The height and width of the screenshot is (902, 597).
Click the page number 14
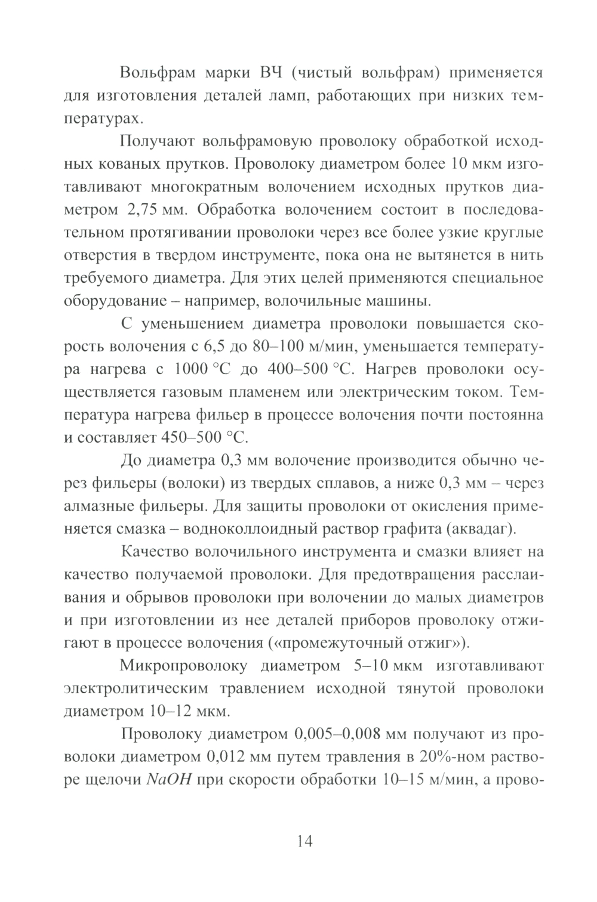pyautogui.click(x=304, y=841)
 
